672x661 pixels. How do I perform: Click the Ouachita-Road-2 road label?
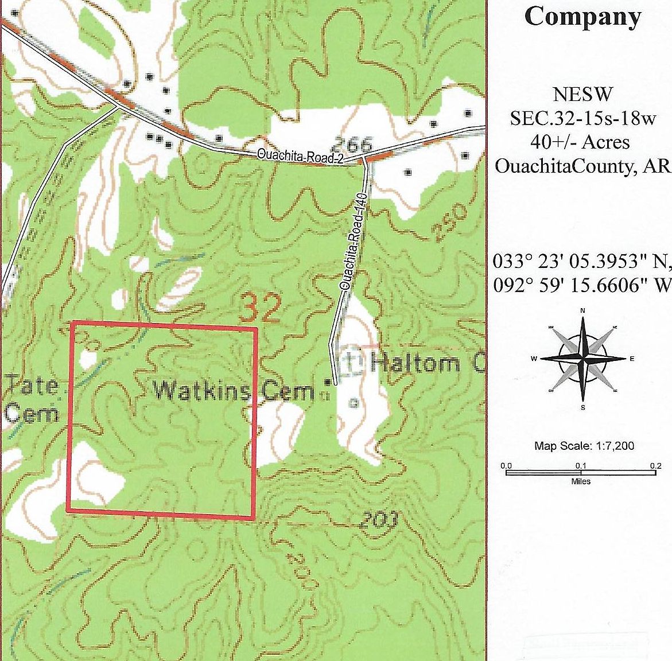coord(300,157)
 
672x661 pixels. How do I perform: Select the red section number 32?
coord(260,309)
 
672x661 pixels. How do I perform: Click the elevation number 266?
coord(352,144)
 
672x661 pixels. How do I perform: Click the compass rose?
coord(582,359)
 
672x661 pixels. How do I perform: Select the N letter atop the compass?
coord(582,311)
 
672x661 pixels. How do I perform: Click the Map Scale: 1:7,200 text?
coord(584,446)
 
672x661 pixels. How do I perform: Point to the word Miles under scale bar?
coord(581,481)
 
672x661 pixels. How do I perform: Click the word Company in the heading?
coord(582,17)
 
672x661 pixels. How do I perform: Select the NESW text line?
coord(582,94)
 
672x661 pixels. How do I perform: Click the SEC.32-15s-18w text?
coord(582,118)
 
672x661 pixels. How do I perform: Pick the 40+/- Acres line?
coord(582,142)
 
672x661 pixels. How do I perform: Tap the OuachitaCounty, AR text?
coord(582,166)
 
